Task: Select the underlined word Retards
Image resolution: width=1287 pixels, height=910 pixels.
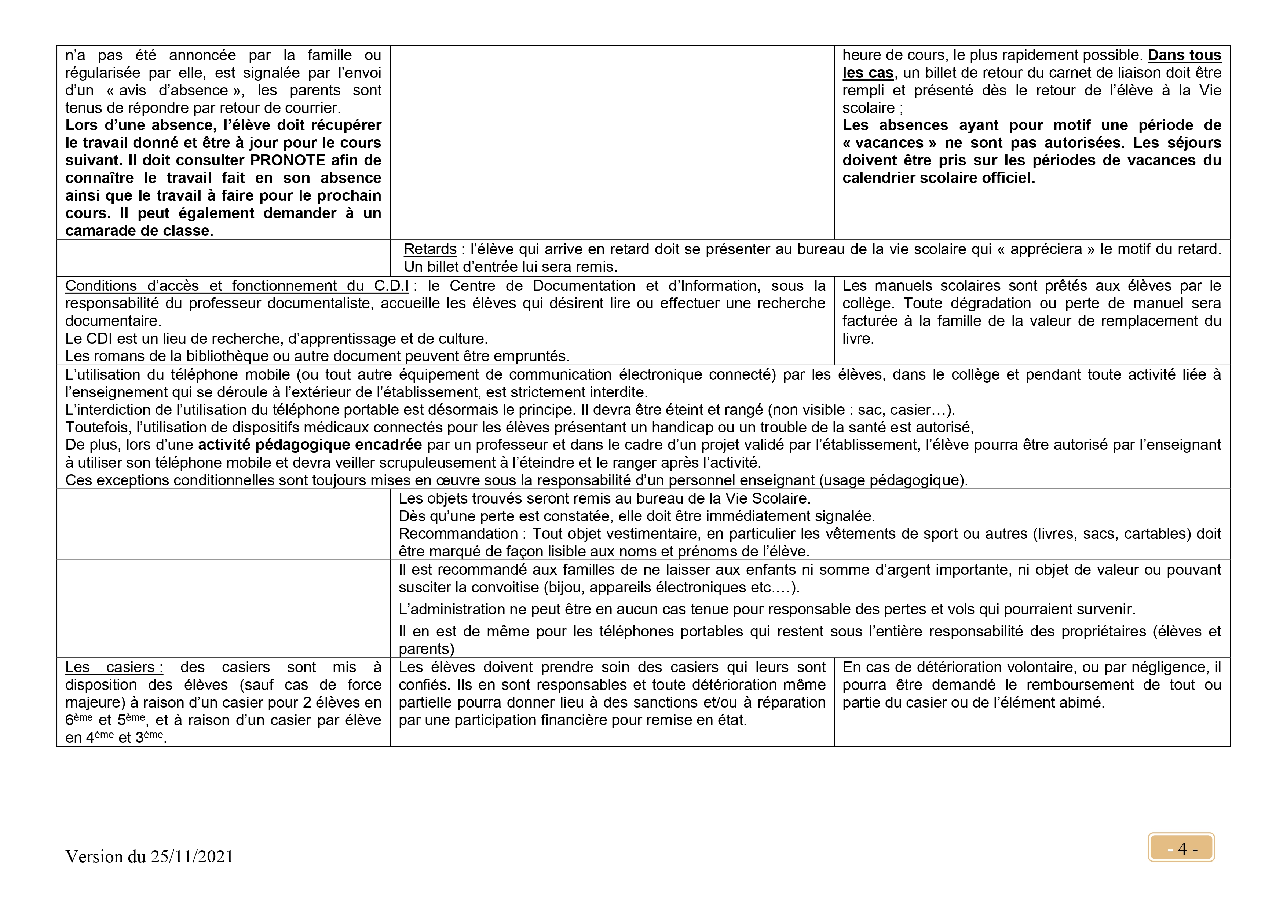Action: (x=430, y=249)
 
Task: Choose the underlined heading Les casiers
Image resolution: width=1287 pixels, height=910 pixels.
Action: (x=114, y=667)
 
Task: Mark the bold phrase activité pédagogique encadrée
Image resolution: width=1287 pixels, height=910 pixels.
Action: (x=310, y=445)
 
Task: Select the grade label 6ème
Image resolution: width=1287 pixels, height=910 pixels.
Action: (x=78, y=720)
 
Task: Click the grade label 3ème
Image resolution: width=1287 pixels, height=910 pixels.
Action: (x=149, y=737)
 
